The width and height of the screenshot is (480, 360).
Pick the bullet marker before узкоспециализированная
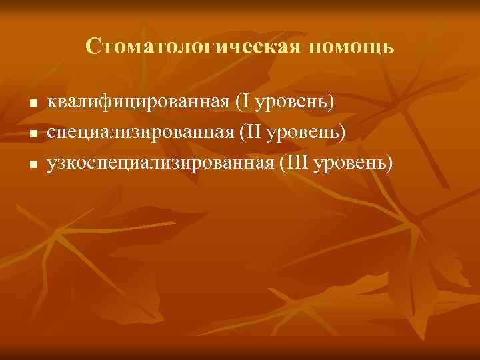pos(31,164)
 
